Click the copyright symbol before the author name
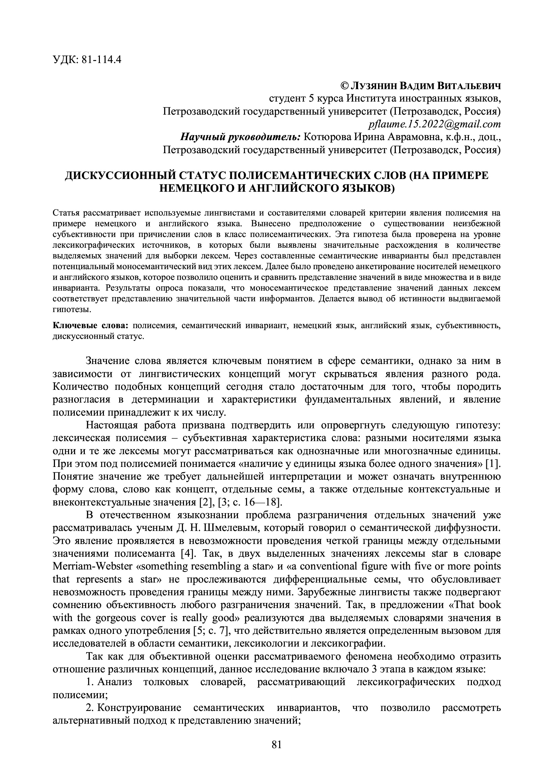tap(345, 86)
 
